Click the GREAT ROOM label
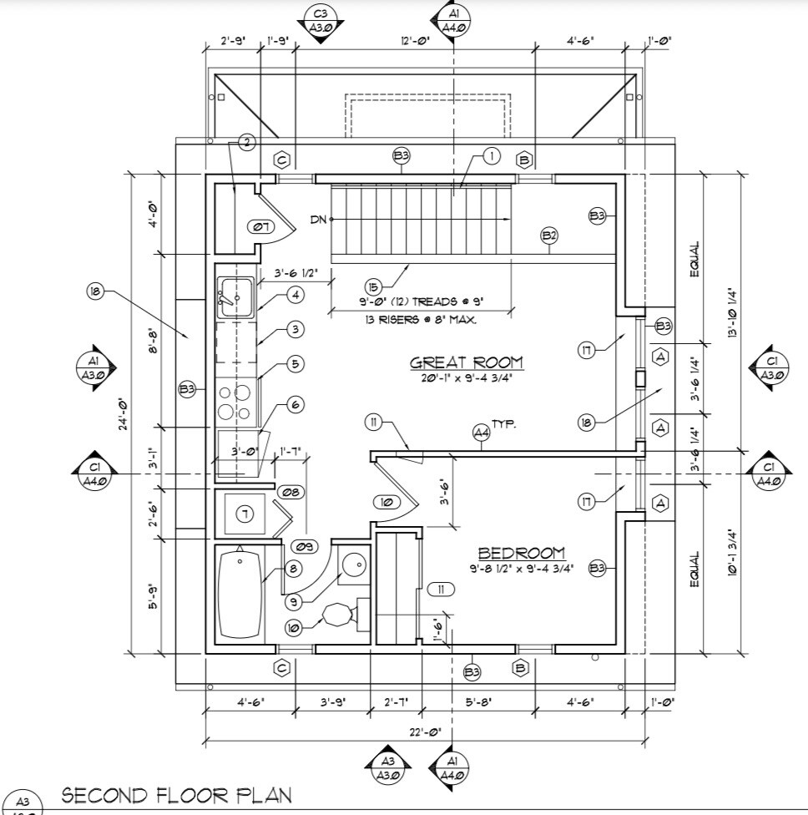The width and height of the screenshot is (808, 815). (467, 362)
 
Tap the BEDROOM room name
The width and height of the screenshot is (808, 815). (521, 553)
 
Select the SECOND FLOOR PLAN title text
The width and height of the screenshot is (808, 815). (176, 794)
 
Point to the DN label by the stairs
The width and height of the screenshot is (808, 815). (318, 220)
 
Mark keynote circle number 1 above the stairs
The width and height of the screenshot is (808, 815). (491, 156)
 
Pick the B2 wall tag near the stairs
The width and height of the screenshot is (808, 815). (549, 235)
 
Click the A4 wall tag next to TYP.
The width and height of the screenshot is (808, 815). (481, 433)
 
